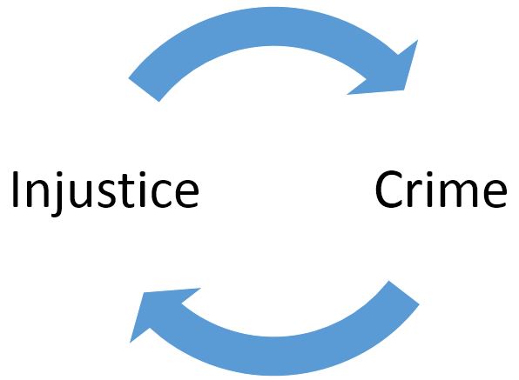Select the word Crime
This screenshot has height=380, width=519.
point(441,189)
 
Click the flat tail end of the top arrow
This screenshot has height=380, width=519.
point(144,90)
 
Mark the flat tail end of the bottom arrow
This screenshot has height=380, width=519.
point(404,293)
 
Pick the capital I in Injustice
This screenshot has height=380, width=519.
point(15,190)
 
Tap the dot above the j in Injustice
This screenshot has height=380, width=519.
point(59,174)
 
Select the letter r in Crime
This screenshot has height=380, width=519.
point(414,194)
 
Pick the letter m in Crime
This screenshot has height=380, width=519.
point(458,193)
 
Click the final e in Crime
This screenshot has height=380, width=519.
point(495,194)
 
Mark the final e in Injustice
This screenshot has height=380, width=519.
point(187,194)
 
